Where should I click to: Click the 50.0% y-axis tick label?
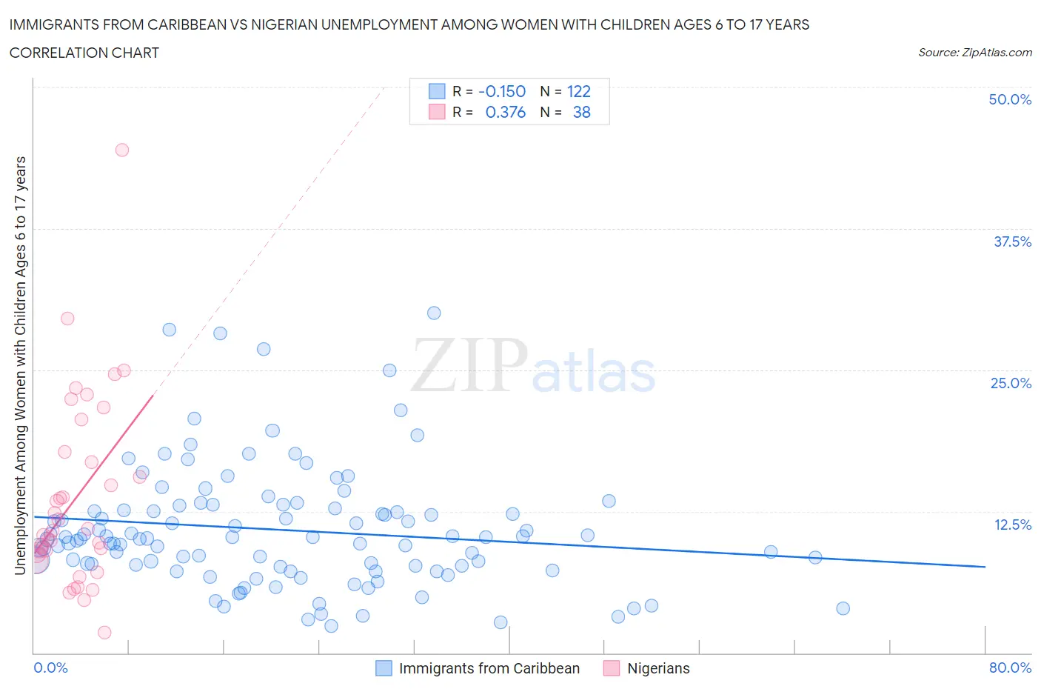pos(1010,99)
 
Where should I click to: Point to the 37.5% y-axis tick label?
pos(1012,242)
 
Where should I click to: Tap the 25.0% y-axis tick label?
pos(1011,383)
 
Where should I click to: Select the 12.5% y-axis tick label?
pos(1012,525)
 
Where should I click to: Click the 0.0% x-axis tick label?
pos(50,668)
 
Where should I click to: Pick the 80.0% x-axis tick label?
pos(1010,668)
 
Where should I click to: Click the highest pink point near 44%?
pos(122,150)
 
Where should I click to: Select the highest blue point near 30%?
pos(434,313)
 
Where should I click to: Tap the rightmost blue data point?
pos(843,608)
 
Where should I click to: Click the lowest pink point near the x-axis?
pos(104,632)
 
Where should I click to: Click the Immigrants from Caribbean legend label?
pos(489,668)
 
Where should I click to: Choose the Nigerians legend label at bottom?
pos(658,668)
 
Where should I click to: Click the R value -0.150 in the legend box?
pos(502,91)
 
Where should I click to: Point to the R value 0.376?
pos(505,112)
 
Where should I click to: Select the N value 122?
pos(578,91)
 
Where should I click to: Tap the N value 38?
pos(581,112)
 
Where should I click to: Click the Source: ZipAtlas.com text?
pos(974,52)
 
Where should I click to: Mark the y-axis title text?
pos(21,365)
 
